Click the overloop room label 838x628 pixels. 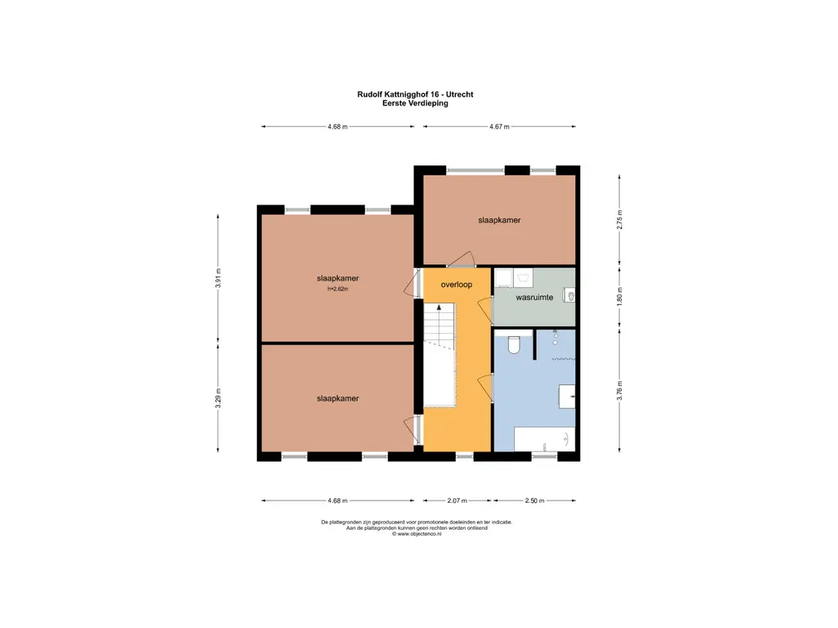[457, 285]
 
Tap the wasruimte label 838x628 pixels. [534, 298]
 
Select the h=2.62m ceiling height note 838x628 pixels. [338, 289]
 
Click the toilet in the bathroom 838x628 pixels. [514, 345]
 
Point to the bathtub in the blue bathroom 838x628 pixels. [544, 439]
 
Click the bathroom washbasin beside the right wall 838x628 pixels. [567, 397]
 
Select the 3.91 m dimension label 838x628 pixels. [218, 278]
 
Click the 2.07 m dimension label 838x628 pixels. [457, 501]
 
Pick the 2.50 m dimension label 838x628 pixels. [534, 501]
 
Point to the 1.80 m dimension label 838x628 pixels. [620, 296]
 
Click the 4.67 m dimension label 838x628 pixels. [500, 127]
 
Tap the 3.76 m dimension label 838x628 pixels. [620, 390]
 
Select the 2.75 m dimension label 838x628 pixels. [620, 219]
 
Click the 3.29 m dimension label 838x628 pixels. [218, 398]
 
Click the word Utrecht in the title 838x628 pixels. [460, 95]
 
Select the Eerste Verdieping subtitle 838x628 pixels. [415, 103]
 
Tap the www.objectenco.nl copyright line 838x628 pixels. [417, 533]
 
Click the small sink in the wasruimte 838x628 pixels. [570, 295]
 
